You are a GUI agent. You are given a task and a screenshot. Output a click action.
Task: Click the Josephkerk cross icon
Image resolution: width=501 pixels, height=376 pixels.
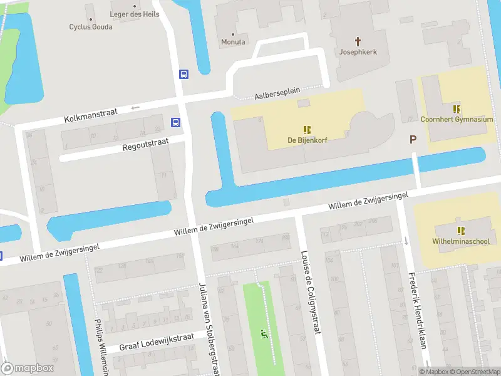359,41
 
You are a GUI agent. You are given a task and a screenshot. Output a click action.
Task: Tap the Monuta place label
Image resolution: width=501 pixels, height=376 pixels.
233,42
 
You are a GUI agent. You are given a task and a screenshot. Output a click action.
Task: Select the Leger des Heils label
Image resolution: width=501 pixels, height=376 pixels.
135,14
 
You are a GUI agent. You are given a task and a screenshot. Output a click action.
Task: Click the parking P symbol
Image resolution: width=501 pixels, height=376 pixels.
413,139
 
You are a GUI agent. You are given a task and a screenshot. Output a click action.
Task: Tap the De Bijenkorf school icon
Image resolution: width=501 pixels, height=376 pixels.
307,130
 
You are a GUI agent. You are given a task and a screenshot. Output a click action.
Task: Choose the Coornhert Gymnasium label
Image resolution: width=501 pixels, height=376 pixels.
457,119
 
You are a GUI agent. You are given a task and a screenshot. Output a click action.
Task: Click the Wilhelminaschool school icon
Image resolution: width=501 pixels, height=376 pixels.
461,231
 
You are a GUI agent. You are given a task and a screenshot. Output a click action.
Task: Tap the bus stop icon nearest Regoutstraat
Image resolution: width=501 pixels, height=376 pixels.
177,122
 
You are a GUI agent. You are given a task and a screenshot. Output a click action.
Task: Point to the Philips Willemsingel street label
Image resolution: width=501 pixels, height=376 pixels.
100,348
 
